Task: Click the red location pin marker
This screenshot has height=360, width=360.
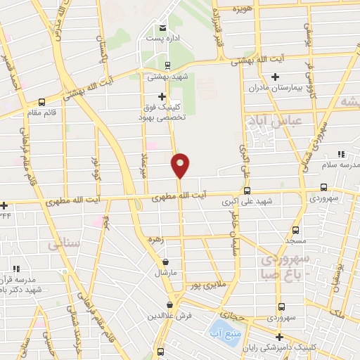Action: tap(181, 165)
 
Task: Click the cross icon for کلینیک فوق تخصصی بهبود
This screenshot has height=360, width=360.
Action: tap(162, 96)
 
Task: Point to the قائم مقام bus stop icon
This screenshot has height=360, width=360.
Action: tap(41, 101)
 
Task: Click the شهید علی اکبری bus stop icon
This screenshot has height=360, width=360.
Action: tap(246, 191)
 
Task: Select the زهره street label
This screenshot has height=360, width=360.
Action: tap(155, 240)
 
